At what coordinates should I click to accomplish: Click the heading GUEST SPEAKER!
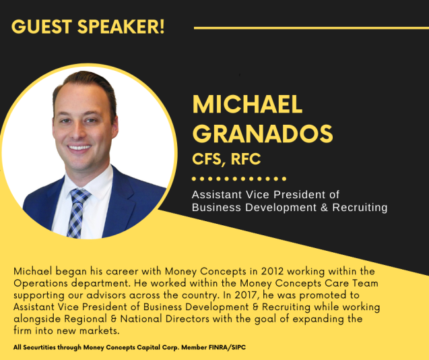pos(88,28)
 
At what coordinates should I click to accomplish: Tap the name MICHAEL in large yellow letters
pos(247,104)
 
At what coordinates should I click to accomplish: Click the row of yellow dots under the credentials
pos(239,179)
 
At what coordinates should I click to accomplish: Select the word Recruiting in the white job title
pos(356,208)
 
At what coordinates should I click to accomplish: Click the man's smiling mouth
pos(81,147)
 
